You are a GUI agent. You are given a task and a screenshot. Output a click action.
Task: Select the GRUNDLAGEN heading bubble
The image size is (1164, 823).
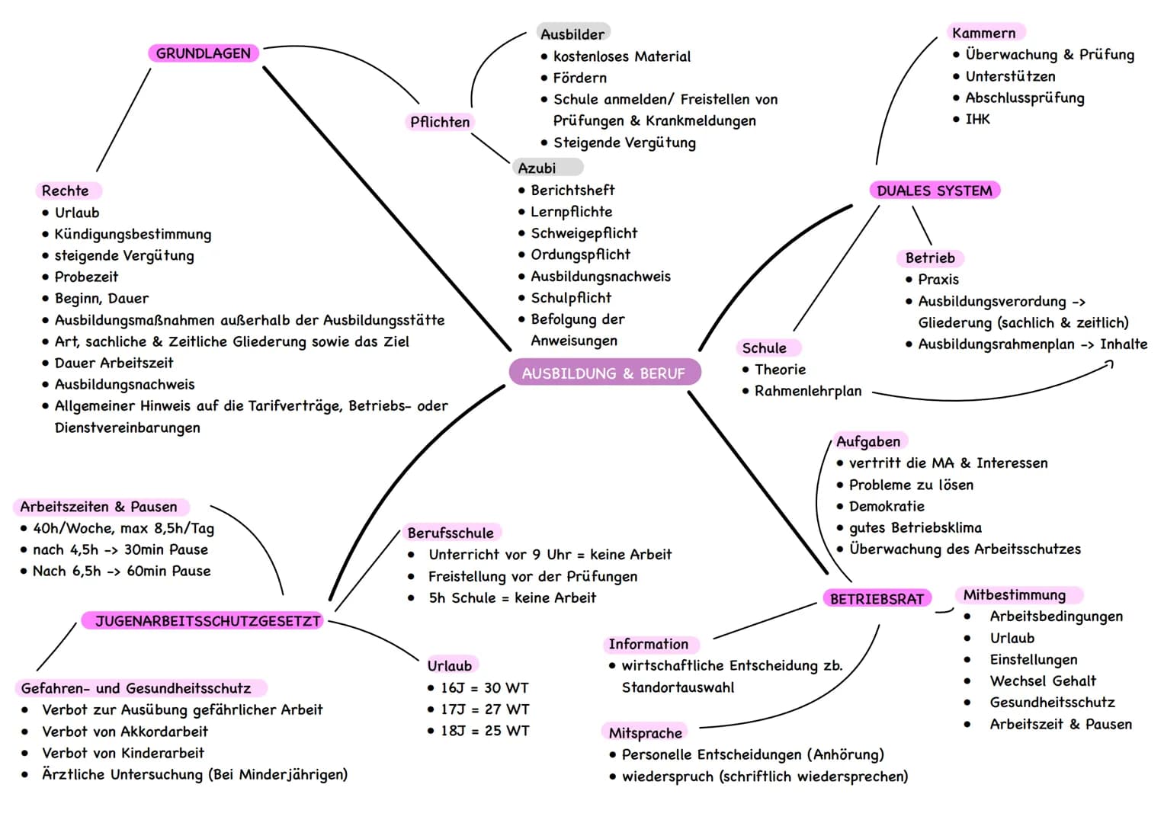point(204,53)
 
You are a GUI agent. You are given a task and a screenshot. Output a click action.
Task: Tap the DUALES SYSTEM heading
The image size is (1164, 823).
point(935,191)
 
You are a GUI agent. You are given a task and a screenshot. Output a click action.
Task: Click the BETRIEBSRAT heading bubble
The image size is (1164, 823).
point(877,598)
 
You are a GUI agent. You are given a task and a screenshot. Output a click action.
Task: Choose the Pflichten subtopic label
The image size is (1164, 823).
point(440,122)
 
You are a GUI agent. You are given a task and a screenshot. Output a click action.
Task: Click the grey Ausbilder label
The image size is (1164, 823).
point(572,34)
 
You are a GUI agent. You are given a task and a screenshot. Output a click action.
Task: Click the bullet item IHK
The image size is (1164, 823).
point(977,119)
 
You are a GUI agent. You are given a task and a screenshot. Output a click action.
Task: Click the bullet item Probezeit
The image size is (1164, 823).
point(86,277)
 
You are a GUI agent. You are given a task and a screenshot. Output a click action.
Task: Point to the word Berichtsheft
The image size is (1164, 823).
point(572,190)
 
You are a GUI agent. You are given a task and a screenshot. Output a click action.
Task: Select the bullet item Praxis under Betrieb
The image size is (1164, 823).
point(938,279)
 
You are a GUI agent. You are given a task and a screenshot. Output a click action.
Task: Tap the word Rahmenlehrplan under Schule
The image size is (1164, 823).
point(808,391)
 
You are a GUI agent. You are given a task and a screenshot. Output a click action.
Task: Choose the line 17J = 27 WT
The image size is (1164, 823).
point(484,709)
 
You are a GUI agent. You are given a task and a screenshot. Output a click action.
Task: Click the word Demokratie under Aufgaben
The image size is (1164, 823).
point(887,505)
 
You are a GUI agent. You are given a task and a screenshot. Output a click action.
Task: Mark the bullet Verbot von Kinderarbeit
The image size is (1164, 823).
point(123,752)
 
